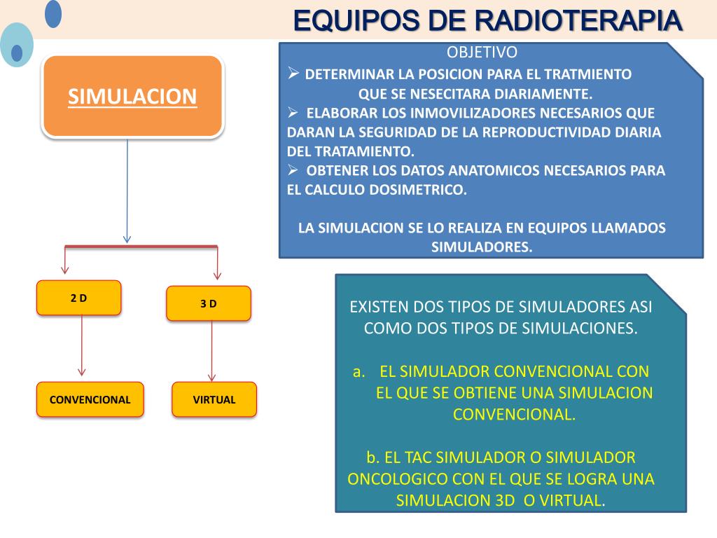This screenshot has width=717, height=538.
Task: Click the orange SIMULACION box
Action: [x=132, y=96]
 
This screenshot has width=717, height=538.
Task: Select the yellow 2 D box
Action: [x=79, y=298]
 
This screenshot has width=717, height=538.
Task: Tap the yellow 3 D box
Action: [x=208, y=303]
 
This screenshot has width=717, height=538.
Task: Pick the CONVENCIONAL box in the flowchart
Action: [x=90, y=400]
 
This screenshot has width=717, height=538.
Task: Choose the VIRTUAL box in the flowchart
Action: [x=214, y=400]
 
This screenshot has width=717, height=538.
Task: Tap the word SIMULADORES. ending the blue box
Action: [x=482, y=247]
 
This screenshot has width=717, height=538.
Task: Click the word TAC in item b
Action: [x=419, y=457]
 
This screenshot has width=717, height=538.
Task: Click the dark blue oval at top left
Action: [x=53, y=14]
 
